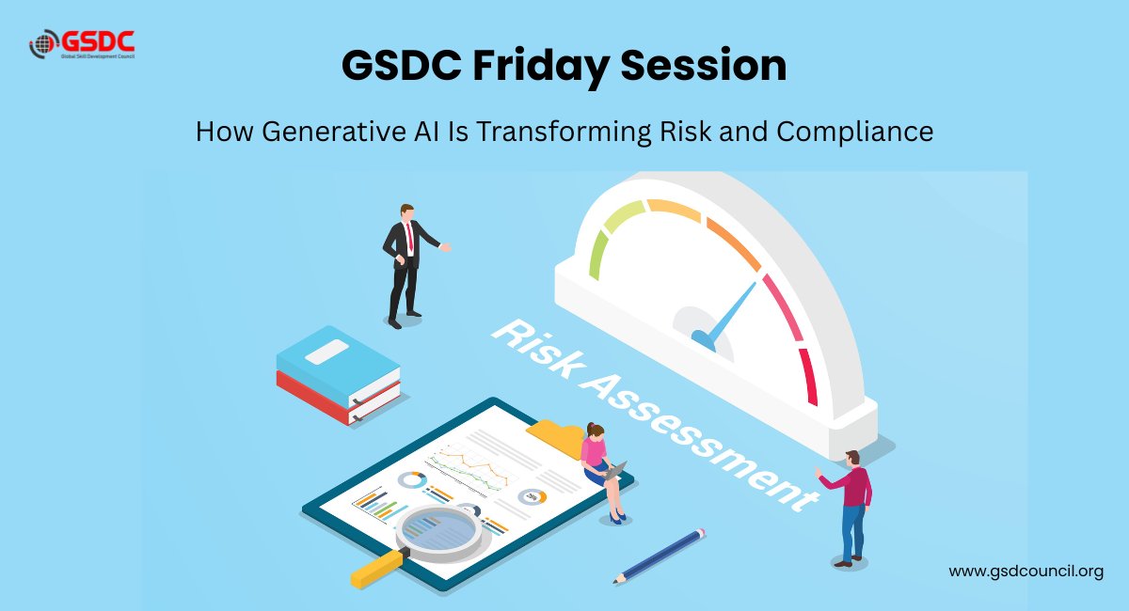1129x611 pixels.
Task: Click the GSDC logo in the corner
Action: tap(82, 44)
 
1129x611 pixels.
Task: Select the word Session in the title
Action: tap(703, 66)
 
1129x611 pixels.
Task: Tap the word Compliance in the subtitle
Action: tap(855, 133)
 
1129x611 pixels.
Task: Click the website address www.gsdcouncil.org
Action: tap(1026, 572)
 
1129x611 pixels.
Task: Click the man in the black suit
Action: tap(411, 266)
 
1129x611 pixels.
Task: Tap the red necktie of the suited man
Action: tap(410, 237)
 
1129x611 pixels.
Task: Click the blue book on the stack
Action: tap(338, 364)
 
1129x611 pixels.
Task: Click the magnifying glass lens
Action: tap(439, 531)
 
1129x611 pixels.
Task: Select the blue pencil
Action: tap(659, 556)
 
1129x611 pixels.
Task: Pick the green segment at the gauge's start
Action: tap(597, 255)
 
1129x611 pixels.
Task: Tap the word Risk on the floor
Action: tap(539, 349)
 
